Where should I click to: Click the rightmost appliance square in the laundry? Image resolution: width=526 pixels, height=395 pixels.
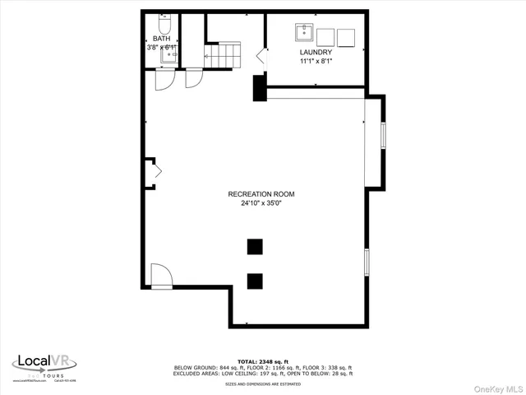[x=346, y=36]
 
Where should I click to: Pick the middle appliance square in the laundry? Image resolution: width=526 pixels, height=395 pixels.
[x=325, y=36]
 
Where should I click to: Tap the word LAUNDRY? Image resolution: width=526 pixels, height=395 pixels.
[x=316, y=53]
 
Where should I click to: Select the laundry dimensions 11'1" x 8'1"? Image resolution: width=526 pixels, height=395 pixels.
[x=316, y=61]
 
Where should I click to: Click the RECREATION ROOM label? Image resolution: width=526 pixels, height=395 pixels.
[x=261, y=194]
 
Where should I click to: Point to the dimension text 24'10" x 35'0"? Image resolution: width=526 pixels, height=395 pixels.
[x=261, y=203]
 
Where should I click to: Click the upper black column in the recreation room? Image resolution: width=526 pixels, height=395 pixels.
[x=255, y=246]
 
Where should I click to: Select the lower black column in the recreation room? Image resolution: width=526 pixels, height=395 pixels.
[x=255, y=280]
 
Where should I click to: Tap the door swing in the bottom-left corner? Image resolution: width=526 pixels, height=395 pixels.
[x=160, y=276]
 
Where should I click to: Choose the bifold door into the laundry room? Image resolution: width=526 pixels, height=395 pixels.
[x=262, y=57]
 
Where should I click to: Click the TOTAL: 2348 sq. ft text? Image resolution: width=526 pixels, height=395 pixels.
[x=262, y=361]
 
